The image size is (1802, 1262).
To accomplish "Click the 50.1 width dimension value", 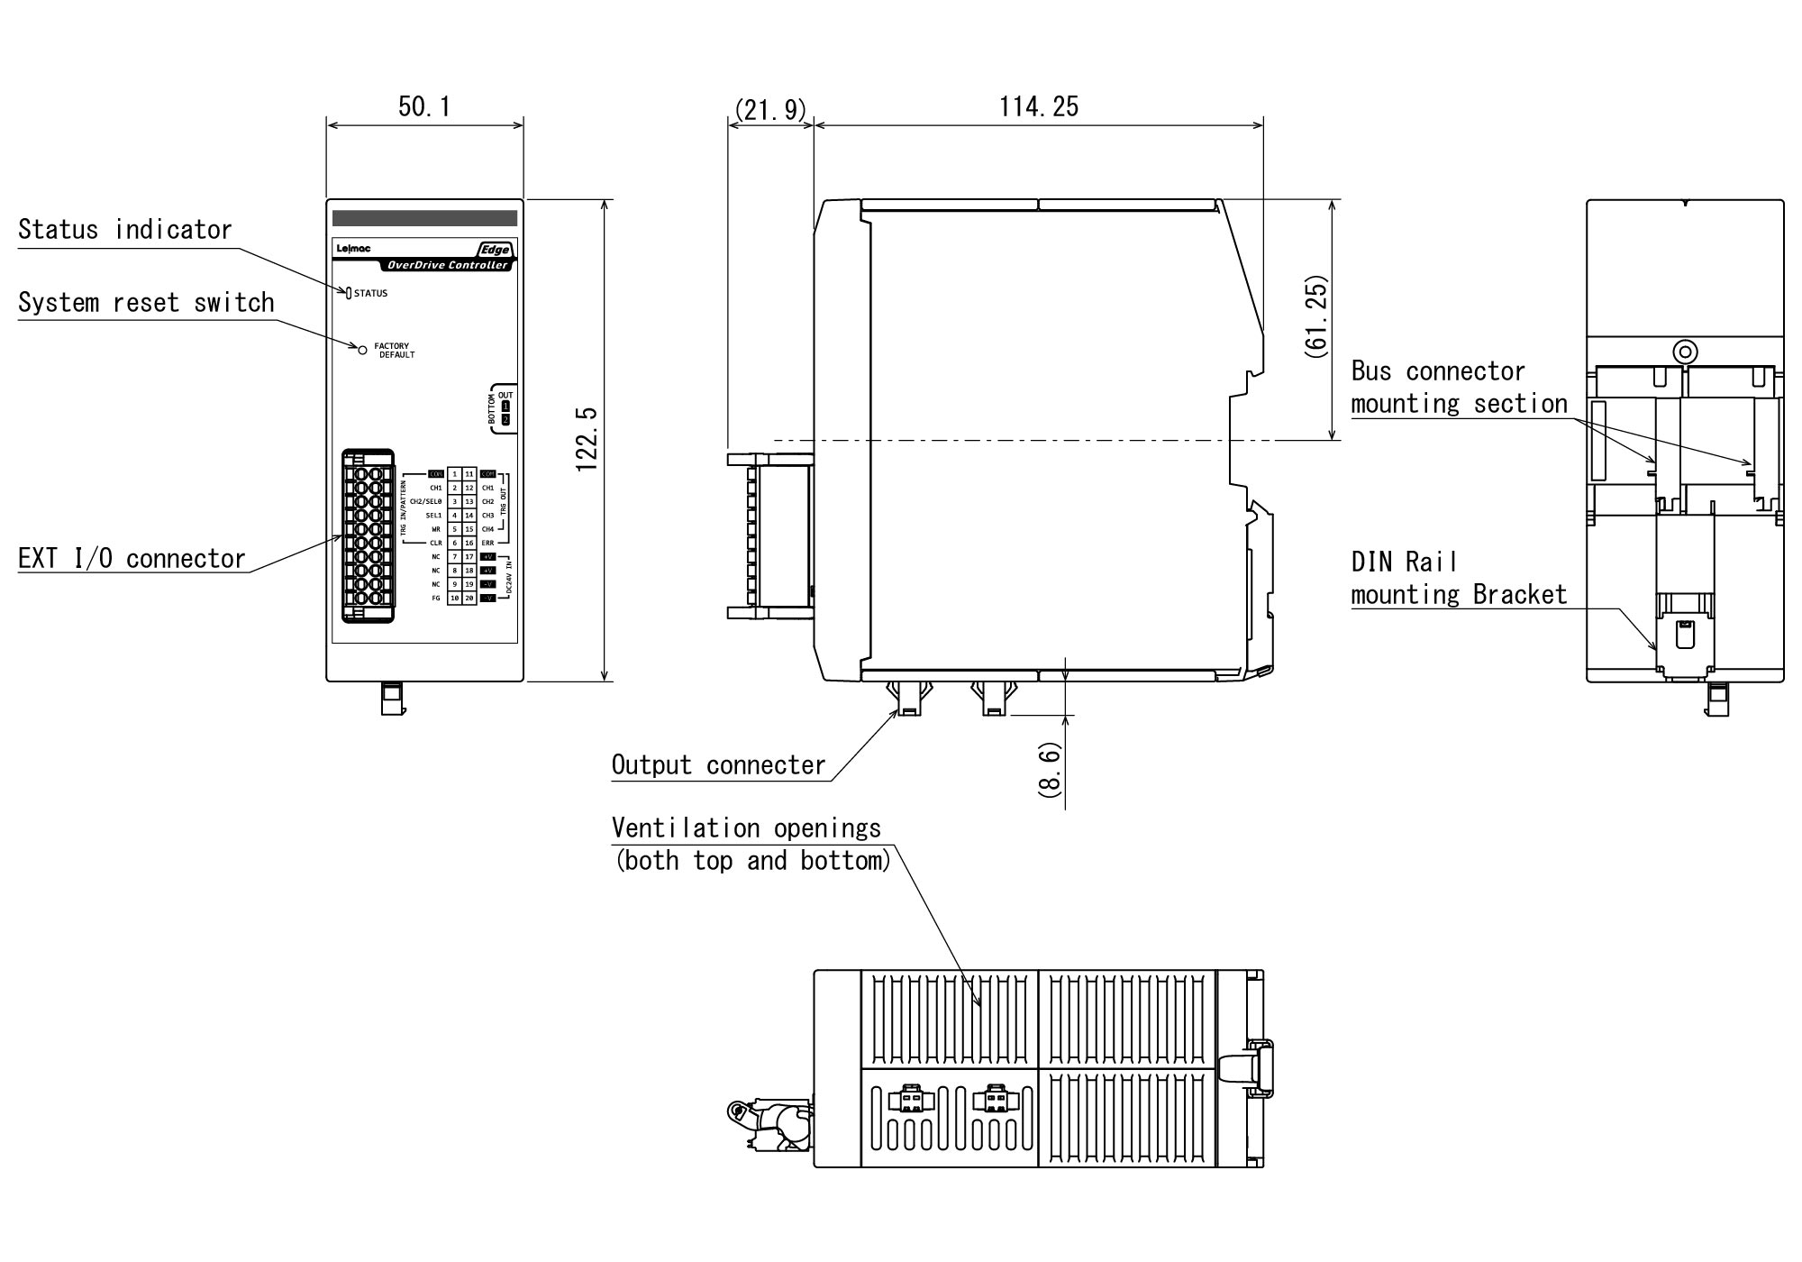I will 424,107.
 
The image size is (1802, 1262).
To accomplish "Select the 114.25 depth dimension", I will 1038,107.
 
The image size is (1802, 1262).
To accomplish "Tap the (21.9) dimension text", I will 770,110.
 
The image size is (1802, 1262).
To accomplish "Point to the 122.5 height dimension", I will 587,439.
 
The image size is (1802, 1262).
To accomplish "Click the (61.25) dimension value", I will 1316,317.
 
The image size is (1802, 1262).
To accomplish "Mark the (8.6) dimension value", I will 1051,770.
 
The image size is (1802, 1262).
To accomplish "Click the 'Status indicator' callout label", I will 125,230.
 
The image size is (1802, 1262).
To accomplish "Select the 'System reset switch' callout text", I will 146,303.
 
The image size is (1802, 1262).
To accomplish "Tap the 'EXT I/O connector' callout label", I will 132,559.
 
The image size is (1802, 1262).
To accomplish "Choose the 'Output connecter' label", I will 718,765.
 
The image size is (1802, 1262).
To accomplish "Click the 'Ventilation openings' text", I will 746,828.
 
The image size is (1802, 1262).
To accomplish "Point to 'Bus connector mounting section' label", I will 1459,388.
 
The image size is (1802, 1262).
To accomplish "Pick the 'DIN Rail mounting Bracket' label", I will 1459,579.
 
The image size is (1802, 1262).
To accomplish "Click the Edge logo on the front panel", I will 495,250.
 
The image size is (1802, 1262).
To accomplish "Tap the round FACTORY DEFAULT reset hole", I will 363,350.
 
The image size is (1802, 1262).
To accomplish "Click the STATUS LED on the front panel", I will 349,293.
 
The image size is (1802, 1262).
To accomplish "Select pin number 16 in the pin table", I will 469,544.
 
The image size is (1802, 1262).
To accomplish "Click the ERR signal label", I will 487,544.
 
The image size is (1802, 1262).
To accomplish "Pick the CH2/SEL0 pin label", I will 426,502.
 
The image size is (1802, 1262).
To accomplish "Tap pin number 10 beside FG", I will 455,599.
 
